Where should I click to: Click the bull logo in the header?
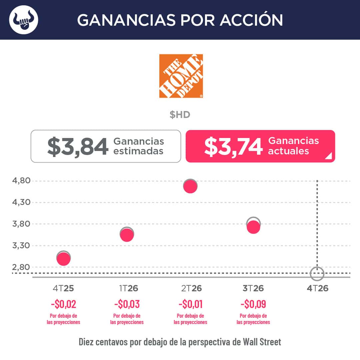[24, 20]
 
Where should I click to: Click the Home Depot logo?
[181, 76]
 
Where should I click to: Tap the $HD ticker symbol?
[180, 115]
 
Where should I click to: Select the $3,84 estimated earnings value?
[78, 147]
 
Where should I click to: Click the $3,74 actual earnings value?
[233, 147]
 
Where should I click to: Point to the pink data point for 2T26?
[190, 186]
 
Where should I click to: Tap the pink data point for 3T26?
[253, 227]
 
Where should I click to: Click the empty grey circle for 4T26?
[317, 267]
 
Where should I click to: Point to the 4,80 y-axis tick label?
[21, 181]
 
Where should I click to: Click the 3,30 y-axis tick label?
[21, 246]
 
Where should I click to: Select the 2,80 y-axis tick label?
[21, 267]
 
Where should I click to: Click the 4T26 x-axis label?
[318, 288]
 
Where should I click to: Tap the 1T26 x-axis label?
[128, 288]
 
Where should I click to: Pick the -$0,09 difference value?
[253, 304]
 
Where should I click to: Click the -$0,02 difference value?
[63, 304]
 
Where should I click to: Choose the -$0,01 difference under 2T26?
[191, 304]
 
